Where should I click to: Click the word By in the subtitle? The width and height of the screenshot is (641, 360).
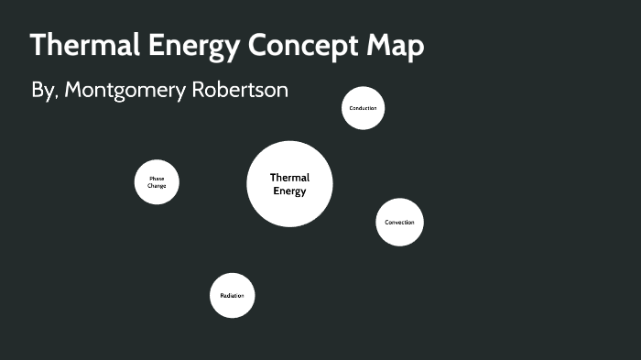[x=43, y=92]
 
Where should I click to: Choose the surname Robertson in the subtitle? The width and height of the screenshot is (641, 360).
[x=241, y=92]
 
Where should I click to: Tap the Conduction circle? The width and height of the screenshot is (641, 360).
[x=363, y=108]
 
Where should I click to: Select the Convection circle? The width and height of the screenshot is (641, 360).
[x=399, y=223]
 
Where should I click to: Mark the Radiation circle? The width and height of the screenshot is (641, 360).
[x=232, y=296]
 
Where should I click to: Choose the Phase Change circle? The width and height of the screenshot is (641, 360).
[x=157, y=182]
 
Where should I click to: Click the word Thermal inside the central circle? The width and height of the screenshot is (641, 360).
[x=289, y=178]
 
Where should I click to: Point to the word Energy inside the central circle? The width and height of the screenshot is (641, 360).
[x=289, y=191]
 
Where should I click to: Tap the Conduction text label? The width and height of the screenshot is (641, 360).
[x=363, y=108]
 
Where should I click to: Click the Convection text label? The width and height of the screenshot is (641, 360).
[x=399, y=223]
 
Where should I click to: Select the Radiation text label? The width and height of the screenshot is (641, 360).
[x=232, y=296]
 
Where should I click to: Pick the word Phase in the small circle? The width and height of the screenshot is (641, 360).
[x=157, y=179]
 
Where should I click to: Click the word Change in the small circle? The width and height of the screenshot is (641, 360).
[x=157, y=186]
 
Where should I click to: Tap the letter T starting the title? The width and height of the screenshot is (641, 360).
[x=38, y=46]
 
